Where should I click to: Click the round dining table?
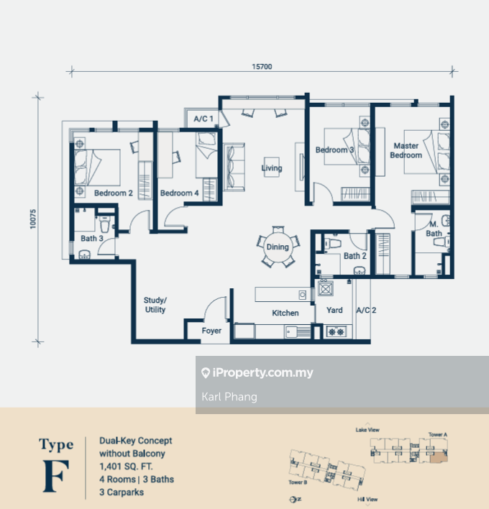tap(278, 247)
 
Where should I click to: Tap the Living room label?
tap(272, 168)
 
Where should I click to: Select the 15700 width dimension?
tap(262, 67)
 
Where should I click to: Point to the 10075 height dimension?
tap(33, 219)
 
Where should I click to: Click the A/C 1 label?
tap(204, 119)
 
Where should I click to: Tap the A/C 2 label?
tap(366, 311)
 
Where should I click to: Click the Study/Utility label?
tap(155, 305)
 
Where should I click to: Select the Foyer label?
tap(211, 331)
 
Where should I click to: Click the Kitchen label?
tap(285, 313)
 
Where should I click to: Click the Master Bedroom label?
tap(406, 151)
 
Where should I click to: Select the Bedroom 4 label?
tap(179, 193)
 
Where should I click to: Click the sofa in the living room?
tap(234, 167)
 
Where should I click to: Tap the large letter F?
tap(56, 476)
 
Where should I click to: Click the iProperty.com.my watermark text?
tap(262, 373)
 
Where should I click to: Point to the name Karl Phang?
tap(229, 397)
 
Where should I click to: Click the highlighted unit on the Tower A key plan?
tap(439, 457)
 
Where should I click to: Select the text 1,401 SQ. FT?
tap(126, 467)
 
